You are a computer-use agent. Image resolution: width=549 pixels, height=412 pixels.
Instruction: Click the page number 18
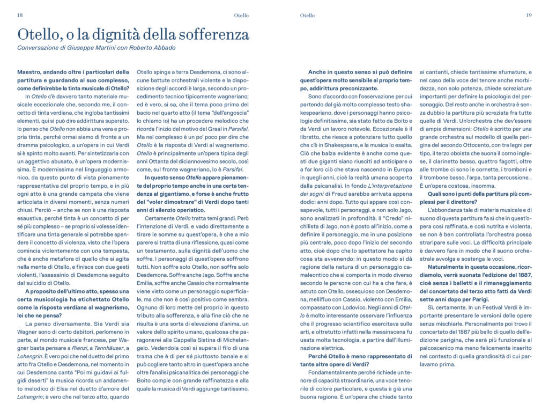pos(20,15)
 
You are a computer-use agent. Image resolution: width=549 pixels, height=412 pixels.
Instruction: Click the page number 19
pos(528,15)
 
